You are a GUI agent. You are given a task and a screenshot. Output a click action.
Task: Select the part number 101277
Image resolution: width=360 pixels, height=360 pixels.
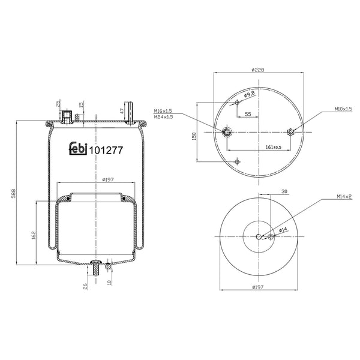pyautogui.click(x=106, y=151)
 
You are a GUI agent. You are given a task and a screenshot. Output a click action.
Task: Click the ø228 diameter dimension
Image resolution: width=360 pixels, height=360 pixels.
pyautogui.click(x=259, y=69)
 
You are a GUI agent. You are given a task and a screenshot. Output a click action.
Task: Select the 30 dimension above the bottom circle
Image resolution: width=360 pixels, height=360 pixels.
pyautogui.click(x=284, y=191)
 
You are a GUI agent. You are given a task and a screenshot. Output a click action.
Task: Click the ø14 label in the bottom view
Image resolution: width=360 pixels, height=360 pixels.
pyautogui.click(x=284, y=229)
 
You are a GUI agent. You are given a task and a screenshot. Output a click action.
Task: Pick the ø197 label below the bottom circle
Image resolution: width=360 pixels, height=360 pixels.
pyautogui.click(x=259, y=287)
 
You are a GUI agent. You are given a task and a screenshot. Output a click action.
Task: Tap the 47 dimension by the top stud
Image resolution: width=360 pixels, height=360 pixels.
pyautogui.click(x=121, y=111)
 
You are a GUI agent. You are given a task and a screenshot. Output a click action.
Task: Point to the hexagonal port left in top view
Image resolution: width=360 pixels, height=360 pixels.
pyautogui.click(x=226, y=132)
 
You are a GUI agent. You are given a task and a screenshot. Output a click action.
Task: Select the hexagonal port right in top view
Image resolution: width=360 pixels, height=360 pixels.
pyautogui.click(x=292, y=132)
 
